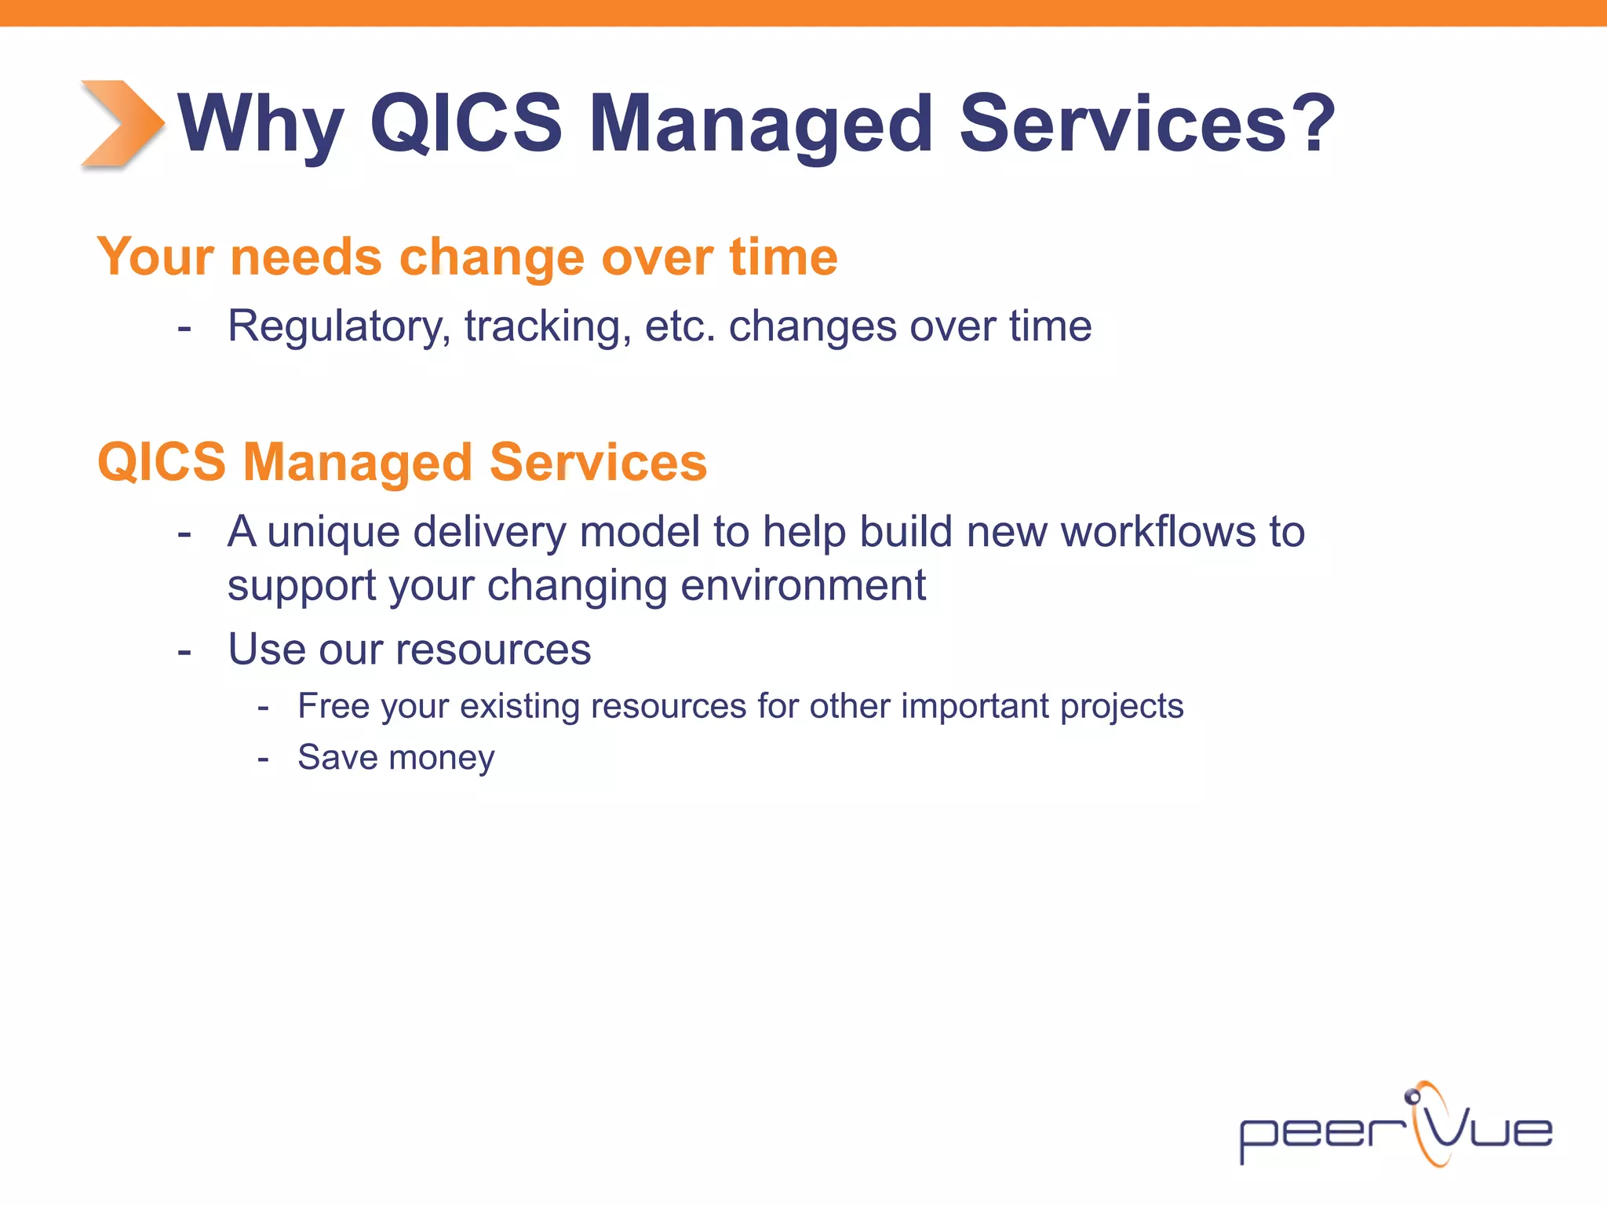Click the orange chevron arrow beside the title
click(122, 123)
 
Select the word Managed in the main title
click(760, 124)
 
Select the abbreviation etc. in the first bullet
click(680, 326)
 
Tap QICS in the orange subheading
click(162, 461)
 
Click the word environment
click(803, 585)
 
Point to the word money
click(442, 758)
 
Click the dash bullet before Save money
click(264, 759)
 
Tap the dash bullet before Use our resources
click(184, 652)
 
